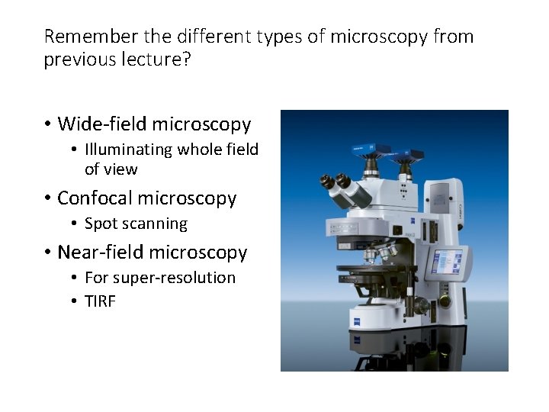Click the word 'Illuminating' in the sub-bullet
coord(129,150)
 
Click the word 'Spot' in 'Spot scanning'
coord(100,224)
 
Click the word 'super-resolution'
coord(177,278)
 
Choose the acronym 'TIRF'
coord(100,301)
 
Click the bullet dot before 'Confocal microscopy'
coord(47,199)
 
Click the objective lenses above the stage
coord(378,254)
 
